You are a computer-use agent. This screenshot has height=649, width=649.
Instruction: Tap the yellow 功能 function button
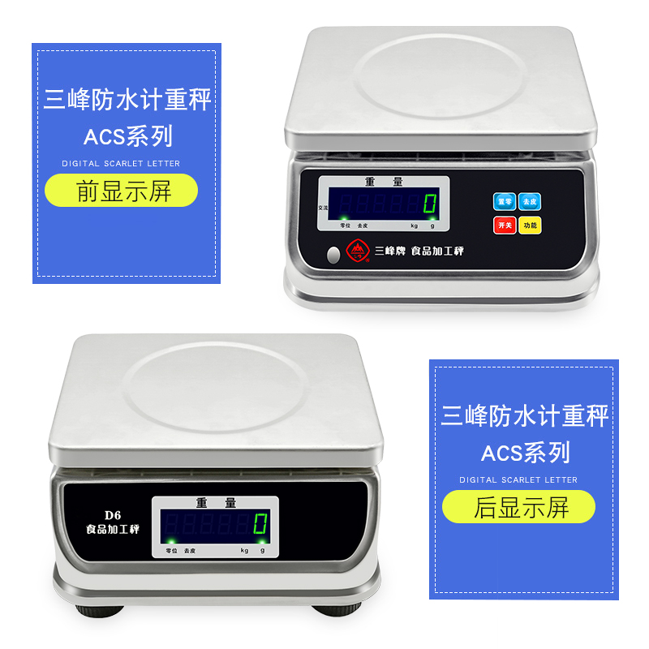coord(530,225)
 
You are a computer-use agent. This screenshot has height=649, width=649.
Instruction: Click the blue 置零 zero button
coord(505,201)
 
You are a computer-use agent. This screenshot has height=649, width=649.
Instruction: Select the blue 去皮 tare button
coord(530,201)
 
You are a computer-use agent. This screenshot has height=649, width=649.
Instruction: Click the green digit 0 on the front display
coord(430,204)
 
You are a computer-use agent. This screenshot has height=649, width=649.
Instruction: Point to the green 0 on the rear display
coord(260,523)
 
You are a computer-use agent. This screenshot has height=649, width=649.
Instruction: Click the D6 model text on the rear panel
coord(112,514)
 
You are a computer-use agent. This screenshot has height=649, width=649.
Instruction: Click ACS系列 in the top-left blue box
coord(127,135)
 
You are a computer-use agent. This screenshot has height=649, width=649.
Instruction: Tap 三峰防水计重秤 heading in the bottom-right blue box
coord(524,417)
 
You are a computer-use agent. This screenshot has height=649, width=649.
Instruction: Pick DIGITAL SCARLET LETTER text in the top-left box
coord(121,163)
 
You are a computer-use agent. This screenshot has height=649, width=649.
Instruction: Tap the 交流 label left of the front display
coord(323,204)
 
